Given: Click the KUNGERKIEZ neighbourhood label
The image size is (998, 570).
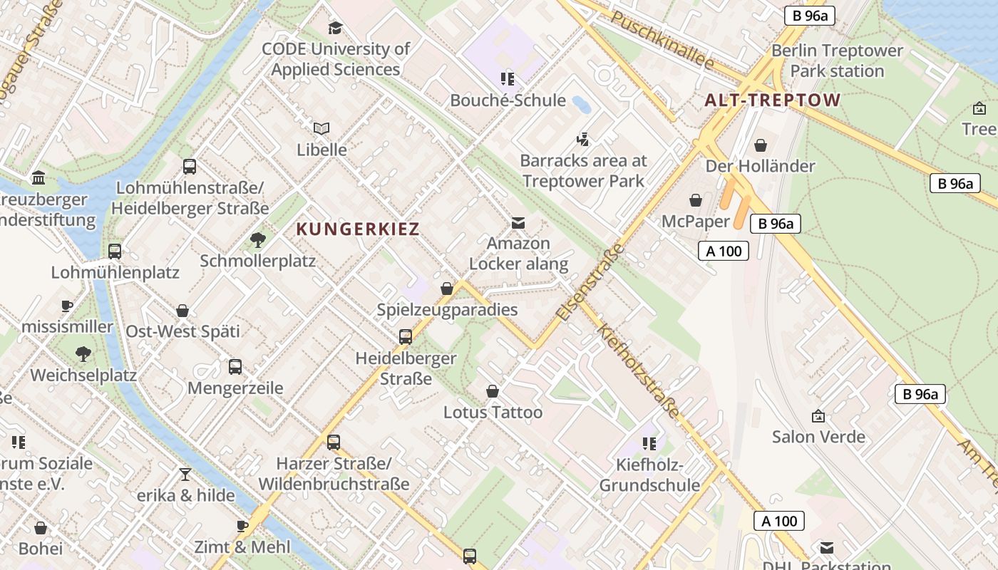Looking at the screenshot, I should (x=357, y=229).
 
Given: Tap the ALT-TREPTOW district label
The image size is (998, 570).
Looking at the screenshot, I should (x=773, y=100).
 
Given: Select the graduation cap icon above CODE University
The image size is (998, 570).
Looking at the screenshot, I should (x=335, y=28).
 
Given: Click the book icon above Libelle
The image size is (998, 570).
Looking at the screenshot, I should (x=321, y=128).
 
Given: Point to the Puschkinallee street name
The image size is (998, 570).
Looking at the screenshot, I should (x=663, y=41).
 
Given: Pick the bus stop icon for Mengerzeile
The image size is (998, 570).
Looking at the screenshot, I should (x=235, y=367).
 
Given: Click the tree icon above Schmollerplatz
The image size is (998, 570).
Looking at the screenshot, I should (x=257, y=239).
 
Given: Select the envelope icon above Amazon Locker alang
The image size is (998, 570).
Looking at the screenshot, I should (x=518, y=222).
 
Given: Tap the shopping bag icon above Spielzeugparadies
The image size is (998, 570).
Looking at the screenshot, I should (x=447, y=289).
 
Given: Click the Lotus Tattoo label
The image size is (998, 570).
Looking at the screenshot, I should (x=493, y=413).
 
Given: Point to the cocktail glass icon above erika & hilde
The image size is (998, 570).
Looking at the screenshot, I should (x=185, y=474).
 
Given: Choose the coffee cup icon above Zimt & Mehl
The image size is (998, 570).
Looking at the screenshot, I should (x=242, y=526).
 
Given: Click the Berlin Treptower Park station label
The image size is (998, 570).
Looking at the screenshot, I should (x=837, y=61).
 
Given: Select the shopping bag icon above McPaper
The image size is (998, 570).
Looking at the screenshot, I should (x=695, y=200).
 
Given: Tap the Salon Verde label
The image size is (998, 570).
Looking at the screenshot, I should (x=818, y=436).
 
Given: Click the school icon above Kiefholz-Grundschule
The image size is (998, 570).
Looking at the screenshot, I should (x=649, y=444).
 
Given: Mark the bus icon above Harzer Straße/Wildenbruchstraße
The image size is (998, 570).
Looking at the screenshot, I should (x=334, y=442).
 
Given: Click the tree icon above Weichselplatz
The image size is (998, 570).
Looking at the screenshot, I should (x=83, y=353).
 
